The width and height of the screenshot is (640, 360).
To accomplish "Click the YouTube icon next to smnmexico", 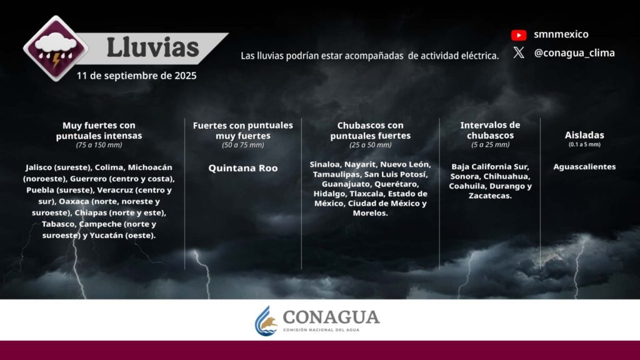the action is tap(519, 35).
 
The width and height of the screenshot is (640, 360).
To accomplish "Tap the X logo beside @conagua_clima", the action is tap(519, 52).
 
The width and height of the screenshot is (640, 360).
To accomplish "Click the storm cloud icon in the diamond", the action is tap(56, 49).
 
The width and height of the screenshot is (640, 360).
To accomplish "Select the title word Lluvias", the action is tap(152, 47).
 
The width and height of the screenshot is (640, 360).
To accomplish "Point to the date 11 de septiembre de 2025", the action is tap(136, 76).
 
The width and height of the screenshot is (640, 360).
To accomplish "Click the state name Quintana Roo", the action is tap(243, 168).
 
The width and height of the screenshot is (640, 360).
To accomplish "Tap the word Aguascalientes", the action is tap(584, 166).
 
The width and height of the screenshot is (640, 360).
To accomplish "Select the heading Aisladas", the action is tap(584, 135).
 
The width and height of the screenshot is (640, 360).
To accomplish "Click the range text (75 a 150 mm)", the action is tap(99, 145).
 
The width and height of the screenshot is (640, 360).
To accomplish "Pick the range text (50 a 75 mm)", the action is tap(243, 145).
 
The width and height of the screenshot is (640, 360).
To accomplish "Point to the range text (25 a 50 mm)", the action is tap(370, 145).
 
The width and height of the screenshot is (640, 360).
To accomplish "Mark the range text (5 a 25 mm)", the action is tap(490, 144).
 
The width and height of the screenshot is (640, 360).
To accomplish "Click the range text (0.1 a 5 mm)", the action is tap(584, 144).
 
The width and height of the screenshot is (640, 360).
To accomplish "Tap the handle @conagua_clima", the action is tap(574, 53).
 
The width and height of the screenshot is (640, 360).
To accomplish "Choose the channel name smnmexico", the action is tap(561, 34).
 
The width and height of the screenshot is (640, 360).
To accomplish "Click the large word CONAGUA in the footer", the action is tap(331, 317).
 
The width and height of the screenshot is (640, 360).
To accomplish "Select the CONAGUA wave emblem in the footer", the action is tap(266, 321).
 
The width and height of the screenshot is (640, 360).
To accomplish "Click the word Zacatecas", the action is tap(489, 196).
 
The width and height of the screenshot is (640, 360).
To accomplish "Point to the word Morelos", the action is tap(369, 213).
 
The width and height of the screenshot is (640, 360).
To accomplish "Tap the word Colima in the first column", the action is tap(109, 167).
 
